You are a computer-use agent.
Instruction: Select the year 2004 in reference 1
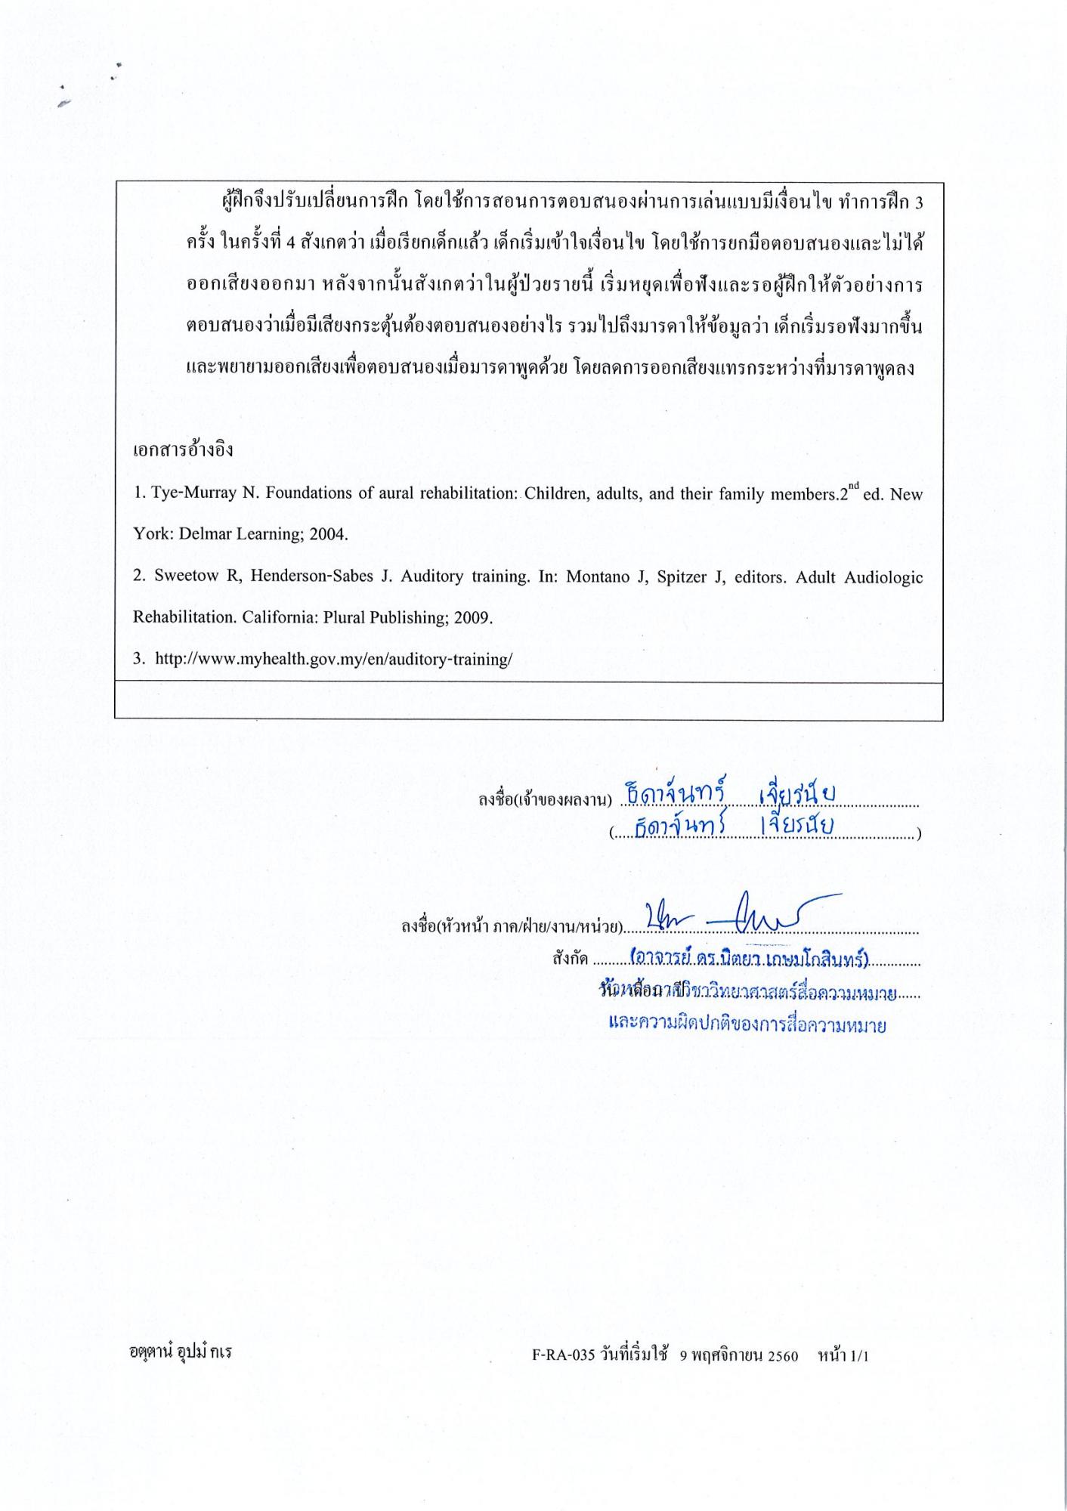coord(330,535)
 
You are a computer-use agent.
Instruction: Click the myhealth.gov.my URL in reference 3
coord(333,659)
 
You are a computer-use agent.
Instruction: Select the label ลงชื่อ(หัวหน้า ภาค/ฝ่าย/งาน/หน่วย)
coord(512,926)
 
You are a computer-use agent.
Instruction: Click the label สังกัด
coord(570,959)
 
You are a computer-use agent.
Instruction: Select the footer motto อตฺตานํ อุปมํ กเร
coord(180,1352)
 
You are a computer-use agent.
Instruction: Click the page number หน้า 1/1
coord(843,1355)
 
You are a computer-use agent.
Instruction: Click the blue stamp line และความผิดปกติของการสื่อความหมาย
coord(747,1025)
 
